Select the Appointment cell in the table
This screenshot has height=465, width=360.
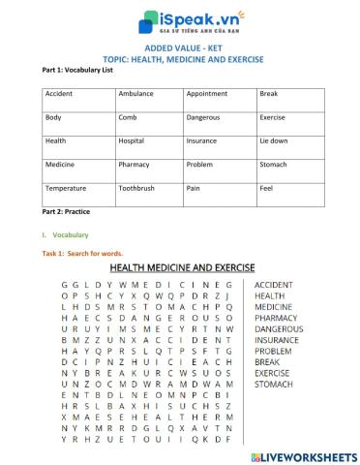(x=207, y=94)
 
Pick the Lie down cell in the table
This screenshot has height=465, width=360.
(x=273, y=140)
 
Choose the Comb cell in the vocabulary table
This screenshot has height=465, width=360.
(x=127, y=117)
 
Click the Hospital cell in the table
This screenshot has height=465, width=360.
(x=132, y=140)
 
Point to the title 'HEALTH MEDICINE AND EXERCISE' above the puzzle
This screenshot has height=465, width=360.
(x=182, y=266)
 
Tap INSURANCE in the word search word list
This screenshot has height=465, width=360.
(x=277, y=340)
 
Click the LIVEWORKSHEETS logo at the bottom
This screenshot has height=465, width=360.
(x=301, y=454)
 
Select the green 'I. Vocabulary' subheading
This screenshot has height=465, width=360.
(x=66, y=235)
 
